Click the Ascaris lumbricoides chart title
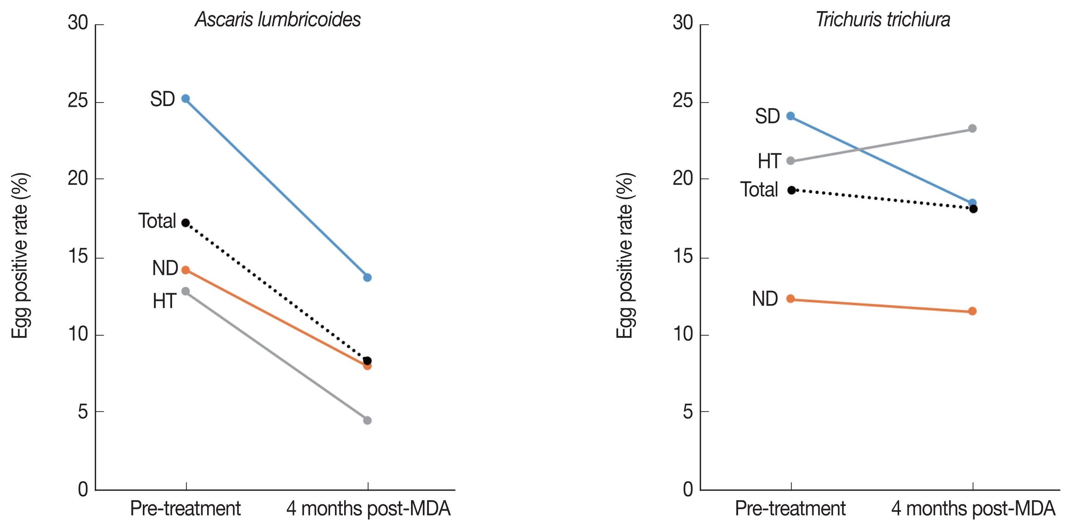coord(278,19)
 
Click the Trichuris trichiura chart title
coord(883,19)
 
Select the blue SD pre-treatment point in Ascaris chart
coord(186,99)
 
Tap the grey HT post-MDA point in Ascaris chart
coord(367,420)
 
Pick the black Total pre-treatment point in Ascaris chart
coord(186,223)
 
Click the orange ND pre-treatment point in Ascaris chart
coord(186,270)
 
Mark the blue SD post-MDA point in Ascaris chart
coord(367,277)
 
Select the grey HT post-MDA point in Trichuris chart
coord(972,128)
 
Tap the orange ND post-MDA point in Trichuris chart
coord(972,311)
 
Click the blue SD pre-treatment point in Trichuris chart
coord(790,116)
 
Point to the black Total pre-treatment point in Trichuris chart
coord(791,190)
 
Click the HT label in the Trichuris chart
coord(769,161)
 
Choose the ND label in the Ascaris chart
coord(165,268)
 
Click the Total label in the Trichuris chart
coord(759,190)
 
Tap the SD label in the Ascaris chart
coord(162,100)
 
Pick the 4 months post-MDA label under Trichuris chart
coord(973,509)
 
